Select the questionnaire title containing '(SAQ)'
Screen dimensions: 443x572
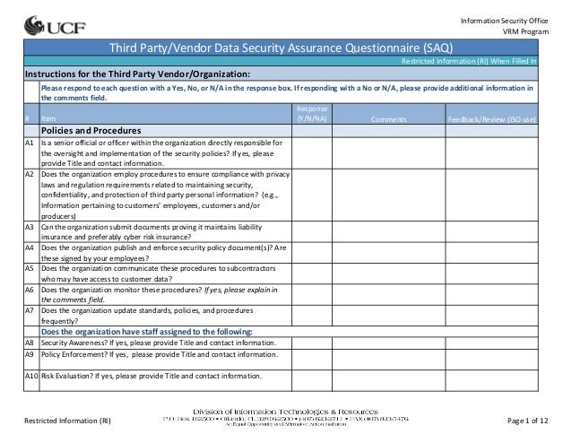(281, 48)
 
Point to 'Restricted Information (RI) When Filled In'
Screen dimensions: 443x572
(469, 61)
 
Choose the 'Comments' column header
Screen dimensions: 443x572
(388, 118)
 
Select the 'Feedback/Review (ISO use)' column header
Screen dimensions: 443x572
(490, 118)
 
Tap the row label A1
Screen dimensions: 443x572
(30, 142)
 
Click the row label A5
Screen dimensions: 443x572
(30, 268)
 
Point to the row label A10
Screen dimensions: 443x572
(31, 376)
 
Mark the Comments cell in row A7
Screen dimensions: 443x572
(388, 315)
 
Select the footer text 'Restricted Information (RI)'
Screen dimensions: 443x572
(68, 421)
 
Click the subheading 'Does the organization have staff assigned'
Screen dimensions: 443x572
(146, 331)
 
